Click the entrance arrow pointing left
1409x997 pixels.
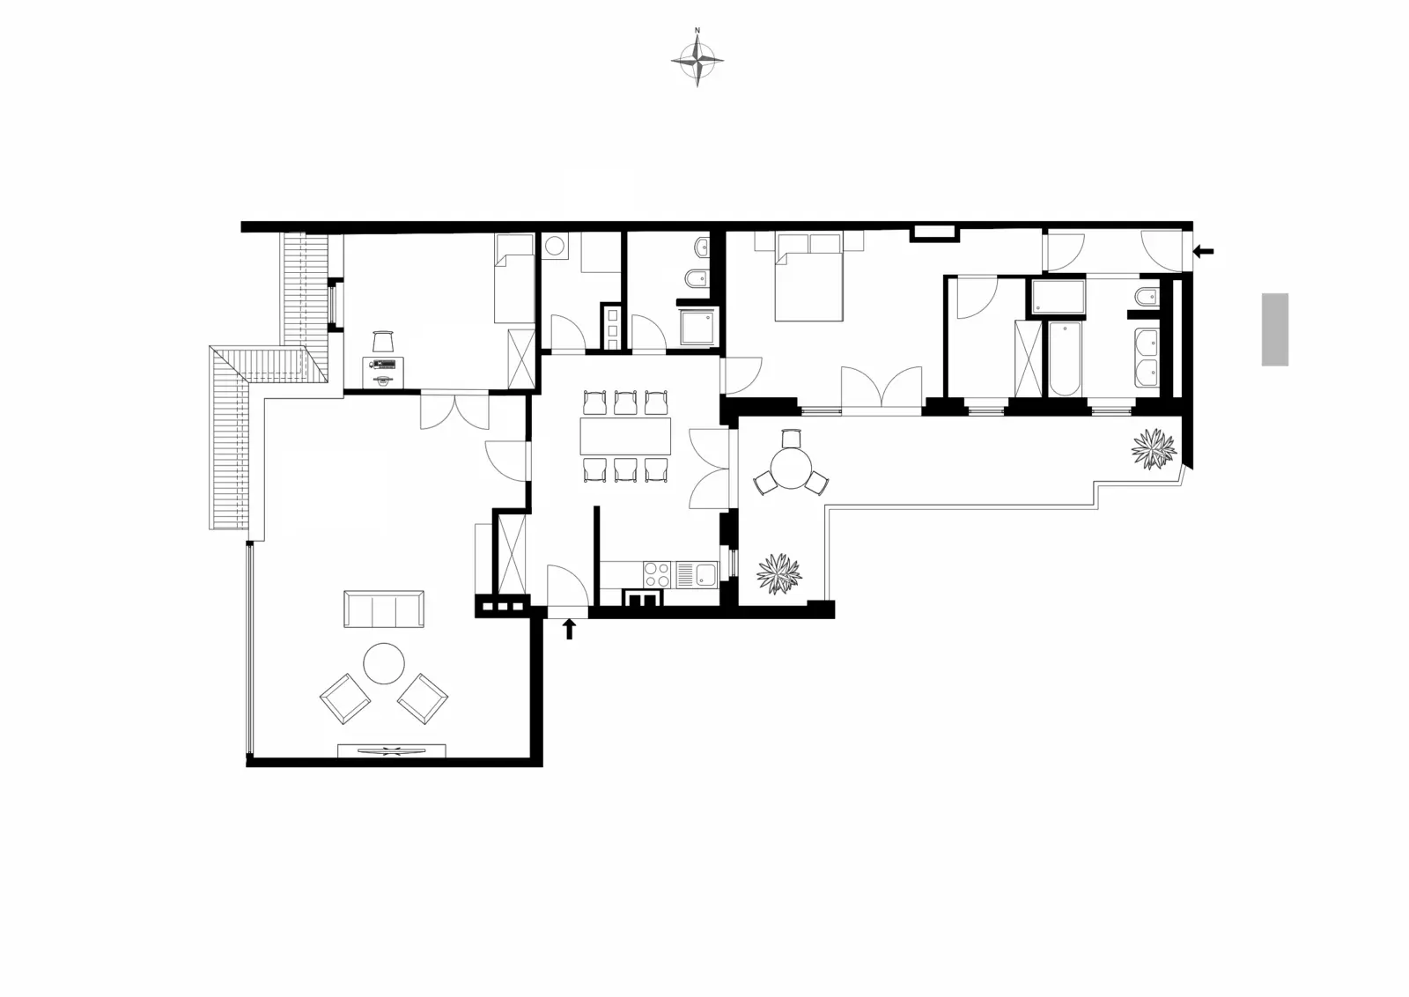click(x=1203, y=252)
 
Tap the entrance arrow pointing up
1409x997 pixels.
click(x=569, y=628)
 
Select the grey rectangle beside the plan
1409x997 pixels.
click(x=1275, y=329)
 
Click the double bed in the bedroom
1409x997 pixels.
click(x=808, y=277)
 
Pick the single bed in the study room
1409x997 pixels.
click(x=514, y=278)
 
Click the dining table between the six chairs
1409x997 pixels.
click(x=625, y=436)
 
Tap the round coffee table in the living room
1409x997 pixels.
click(x=384, y=663)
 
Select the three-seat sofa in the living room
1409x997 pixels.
click(x=384, y=609)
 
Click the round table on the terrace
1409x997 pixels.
click(x=792, y=468)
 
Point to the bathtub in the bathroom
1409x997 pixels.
click(x=1065, y=359)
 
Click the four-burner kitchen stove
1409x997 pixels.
click(x=657, y=574)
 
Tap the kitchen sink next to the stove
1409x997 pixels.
click(x=697, y=574)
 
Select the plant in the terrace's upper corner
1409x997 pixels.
click(x=1154, y=448)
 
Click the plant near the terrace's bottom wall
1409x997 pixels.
click(x=779, y=573)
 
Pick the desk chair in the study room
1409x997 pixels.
click(x=383, y=342)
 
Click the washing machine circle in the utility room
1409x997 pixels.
click(x=554, y=246)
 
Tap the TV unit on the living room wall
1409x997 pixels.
click(x=392, y=750)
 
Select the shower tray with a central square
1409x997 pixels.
click(x=697, y=326)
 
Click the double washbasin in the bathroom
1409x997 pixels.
click(x=1147, y=358)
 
